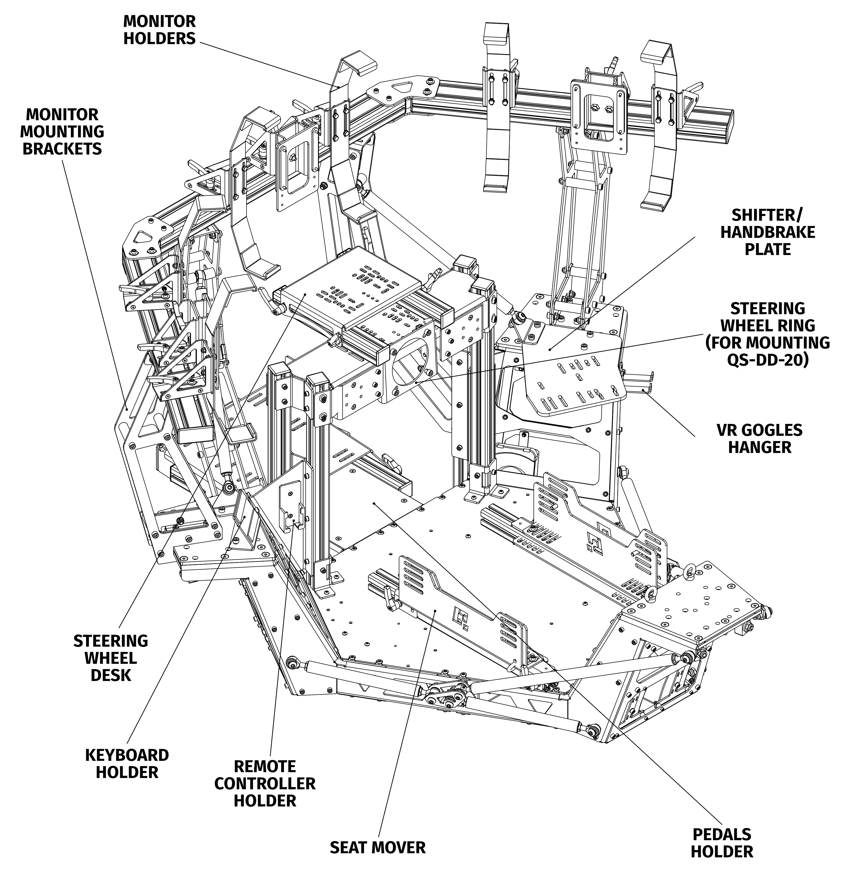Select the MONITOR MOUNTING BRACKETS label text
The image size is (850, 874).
coord(62,132)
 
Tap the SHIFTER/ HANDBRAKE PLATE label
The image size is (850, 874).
coord(767,232)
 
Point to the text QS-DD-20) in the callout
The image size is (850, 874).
coord(768,360)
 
